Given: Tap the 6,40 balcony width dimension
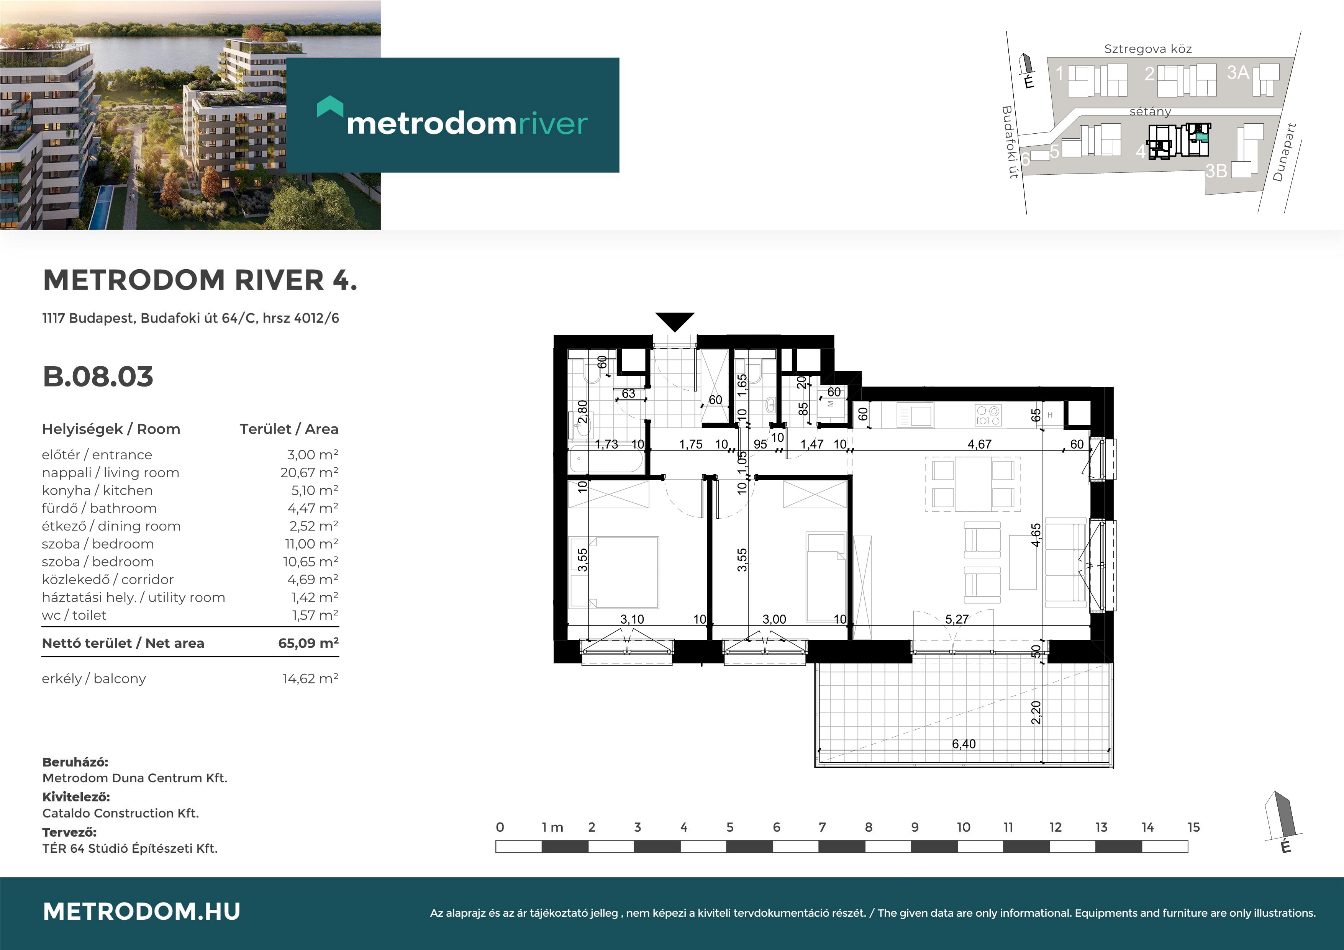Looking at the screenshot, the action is (964, 744).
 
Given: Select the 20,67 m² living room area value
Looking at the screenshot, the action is (309, 472).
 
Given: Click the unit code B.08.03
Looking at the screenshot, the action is (98, 377).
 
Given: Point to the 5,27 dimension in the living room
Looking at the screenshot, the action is (957, 619).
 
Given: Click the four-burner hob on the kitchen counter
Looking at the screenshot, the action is (988, 416).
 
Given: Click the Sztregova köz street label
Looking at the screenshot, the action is (1148, 49).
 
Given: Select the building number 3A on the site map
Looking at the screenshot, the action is (1238, 72).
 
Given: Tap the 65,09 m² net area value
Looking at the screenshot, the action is (308, 643).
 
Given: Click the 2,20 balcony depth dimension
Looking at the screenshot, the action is (1036, 712).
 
